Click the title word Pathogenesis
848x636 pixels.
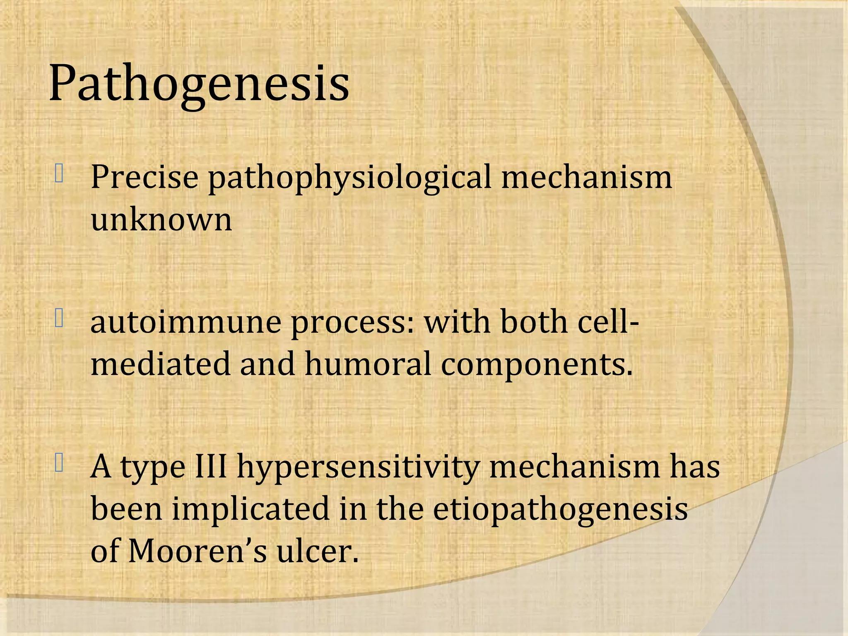point(199,84)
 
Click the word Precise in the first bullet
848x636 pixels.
point(145,177)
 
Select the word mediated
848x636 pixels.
point(160,364)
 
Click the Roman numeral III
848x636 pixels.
point(211,466)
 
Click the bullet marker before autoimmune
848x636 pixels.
point(59,318)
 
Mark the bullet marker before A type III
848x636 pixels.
point(59,463)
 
